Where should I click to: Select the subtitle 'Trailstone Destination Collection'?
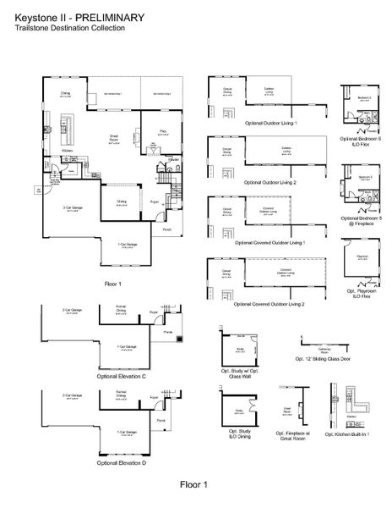[x=69, y=28]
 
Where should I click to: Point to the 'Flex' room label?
[x=161, y=131]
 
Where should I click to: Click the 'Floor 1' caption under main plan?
[x=112, y=284]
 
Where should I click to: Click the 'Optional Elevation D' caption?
[x=122, y=462]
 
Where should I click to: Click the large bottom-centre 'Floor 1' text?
[x=193, y=483]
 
